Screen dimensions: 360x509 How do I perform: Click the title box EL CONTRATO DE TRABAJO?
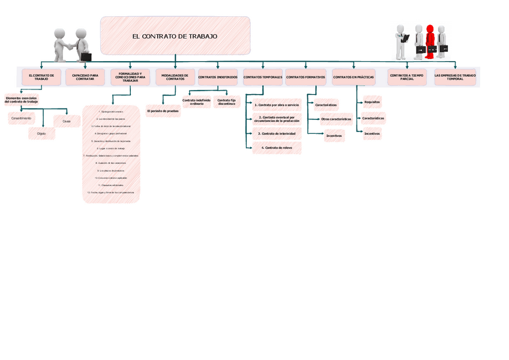(175, 36)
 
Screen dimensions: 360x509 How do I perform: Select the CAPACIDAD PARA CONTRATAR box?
(85, 77)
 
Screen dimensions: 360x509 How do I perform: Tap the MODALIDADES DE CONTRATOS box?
(175, 77)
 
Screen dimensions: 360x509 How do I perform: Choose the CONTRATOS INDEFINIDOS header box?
(217, 77)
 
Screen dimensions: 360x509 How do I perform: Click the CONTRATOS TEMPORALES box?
(262, 77)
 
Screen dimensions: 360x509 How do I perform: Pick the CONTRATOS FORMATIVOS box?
(306, 77)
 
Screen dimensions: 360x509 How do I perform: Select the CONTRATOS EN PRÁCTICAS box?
(353, 77)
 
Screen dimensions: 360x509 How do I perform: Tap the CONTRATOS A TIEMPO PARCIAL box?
(407, 77)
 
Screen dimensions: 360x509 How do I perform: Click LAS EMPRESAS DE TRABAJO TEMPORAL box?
(455, 77)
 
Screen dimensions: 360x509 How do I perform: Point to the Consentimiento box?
(20, 118)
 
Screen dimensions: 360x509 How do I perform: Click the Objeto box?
(41, 133)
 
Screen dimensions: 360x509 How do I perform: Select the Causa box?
(67, 121)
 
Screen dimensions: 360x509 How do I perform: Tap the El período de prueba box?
(163, 111)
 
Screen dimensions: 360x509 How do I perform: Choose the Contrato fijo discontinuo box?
(226, 102)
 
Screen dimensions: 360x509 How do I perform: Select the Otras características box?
(336, 119)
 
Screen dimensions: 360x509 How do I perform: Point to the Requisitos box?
(372, 102)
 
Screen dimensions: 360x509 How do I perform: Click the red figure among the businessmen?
(430, 41)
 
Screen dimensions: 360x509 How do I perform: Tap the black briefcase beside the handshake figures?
(86, 56)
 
